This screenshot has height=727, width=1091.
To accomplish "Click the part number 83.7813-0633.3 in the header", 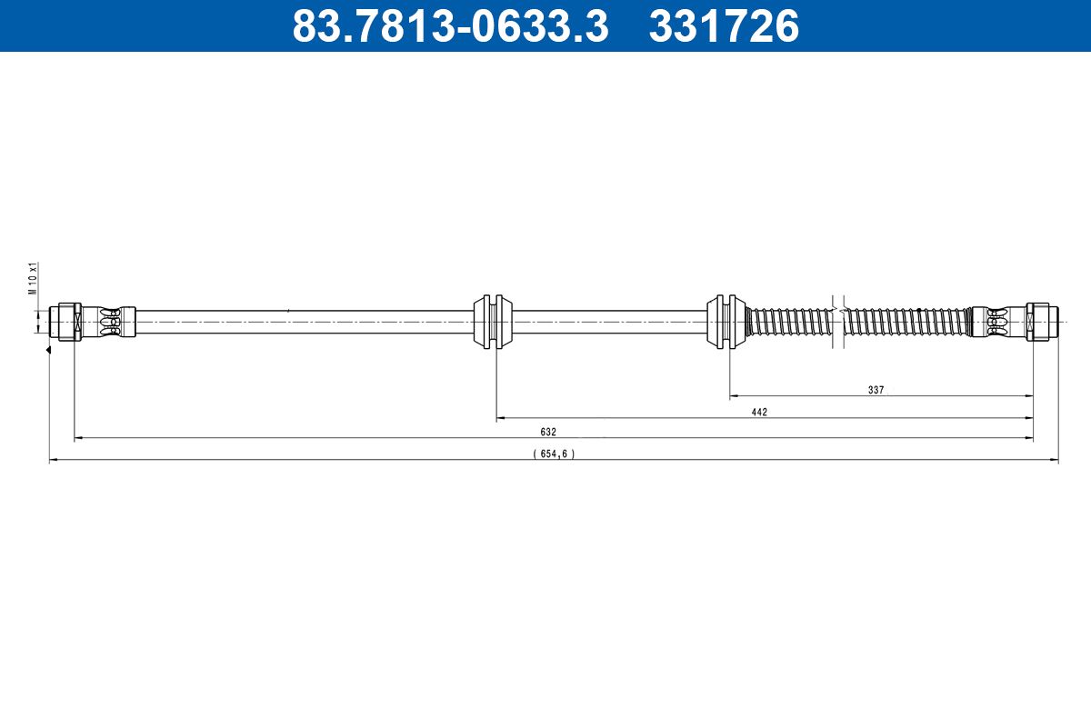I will (x=450, y=26).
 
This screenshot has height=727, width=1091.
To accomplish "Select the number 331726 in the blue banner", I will (x=724, y=26).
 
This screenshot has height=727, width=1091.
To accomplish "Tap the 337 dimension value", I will (x=876, y=390).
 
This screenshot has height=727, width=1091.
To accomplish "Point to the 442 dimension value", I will (x=759, y=413).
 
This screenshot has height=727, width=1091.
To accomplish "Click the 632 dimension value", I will (x=547, y=433).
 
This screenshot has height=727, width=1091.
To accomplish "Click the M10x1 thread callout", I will (x=33, y=279).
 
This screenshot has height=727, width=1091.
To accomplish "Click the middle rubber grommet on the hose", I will (x=495, y=321).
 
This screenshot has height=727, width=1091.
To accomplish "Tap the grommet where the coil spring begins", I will (x=728, y=321).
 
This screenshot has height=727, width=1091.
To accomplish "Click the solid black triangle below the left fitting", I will (x=47, y=350).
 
